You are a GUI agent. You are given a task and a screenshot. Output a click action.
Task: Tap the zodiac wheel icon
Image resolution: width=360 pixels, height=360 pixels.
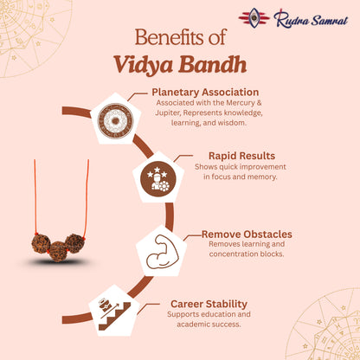coord(114,121)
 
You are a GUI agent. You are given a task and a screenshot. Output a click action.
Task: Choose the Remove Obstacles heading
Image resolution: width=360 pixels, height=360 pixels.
coord(247,234)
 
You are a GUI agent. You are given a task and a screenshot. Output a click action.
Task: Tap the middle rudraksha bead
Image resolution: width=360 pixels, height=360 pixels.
coord(58,250)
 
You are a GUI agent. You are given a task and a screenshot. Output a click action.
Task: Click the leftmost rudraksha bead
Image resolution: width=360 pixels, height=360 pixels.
coord(41,242)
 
